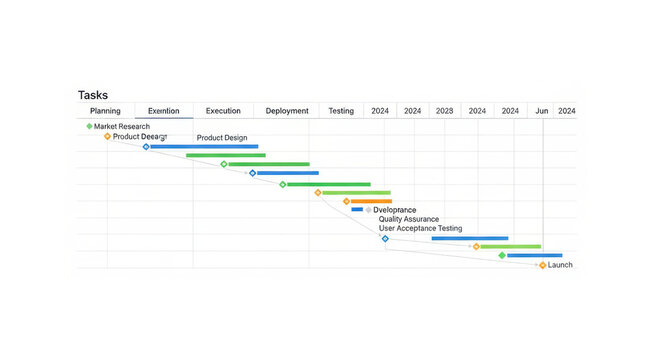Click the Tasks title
pyautogui.click(x=93, y=95)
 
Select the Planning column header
pyautogui.click(x=105, y=111)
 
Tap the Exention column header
pyautogui.click(x=164, y=111)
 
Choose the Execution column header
pyautogui.click(x=223, y=111)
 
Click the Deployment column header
pyautogui.click(x=287, y=111)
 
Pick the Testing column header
pyautogui.click(x=341, y=111)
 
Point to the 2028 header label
pyautogui.click(x=444, y=111)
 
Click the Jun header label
pyautogui.click(x=541, y=111)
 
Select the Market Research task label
pyautogui.click(x=122, y=127)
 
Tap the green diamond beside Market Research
pyautogui.click(x=89, y=126)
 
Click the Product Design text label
pyautogui.click(x=221, y=138)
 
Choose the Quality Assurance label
pyautogui.click(x=408, y=219)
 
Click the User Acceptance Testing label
pyautogui.click(x=420, y=229)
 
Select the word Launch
pyautogui.click(x=561, y=265)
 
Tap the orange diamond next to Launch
pyautogui.click(x=543, y=265)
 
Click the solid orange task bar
pyautogui.click(x=371, y=201)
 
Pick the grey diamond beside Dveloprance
pyautogui.click(x=368, y=210)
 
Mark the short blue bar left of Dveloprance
pyautogui.click(x=357, y=210)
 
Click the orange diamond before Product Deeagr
pyautogui.click(x=107, y=136)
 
